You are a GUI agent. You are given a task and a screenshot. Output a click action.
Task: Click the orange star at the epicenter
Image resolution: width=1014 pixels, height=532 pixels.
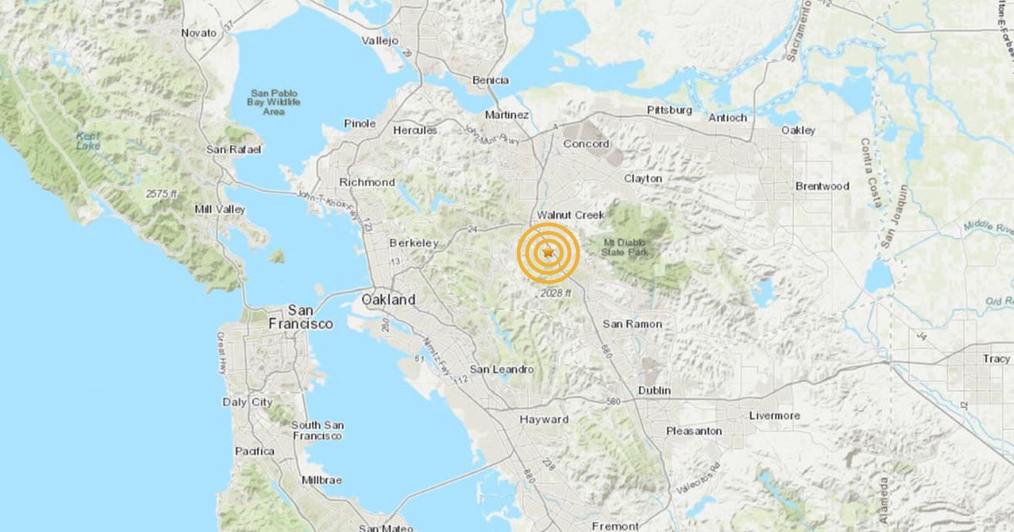point(548,252)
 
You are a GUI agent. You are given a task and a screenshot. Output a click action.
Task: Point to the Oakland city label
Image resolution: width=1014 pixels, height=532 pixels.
point(389,300)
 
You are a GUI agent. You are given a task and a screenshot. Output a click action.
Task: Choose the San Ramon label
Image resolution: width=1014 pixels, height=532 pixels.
point(632,324)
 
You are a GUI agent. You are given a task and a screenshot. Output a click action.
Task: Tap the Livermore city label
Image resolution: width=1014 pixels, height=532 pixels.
point(774,415)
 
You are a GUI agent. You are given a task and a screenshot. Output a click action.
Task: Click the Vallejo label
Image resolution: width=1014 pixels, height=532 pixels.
point(379,41)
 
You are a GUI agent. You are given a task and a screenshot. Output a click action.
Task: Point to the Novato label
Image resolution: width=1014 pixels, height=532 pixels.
point(199,33)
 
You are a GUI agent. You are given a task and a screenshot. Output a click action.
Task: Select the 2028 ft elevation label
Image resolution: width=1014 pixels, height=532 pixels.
point(556,293)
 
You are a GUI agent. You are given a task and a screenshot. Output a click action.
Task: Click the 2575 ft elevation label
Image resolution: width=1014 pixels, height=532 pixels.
point(161,194)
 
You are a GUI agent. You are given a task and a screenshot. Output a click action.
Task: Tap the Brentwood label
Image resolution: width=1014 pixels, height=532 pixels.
point(821,186)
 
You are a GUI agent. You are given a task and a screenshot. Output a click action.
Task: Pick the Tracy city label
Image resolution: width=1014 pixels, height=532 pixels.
point(996,359)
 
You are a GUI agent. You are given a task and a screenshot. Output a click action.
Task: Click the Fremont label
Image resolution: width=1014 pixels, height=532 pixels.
point(615,526)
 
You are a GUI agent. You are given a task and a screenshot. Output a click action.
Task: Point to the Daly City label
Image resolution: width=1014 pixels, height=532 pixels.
point(247,402)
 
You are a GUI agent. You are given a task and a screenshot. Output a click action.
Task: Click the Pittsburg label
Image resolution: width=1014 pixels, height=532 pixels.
point(669,111)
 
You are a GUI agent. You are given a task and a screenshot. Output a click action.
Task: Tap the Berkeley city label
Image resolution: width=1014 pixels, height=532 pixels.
point(413,243)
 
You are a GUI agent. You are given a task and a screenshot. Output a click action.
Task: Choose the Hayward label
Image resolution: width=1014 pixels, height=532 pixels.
point(544,420)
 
